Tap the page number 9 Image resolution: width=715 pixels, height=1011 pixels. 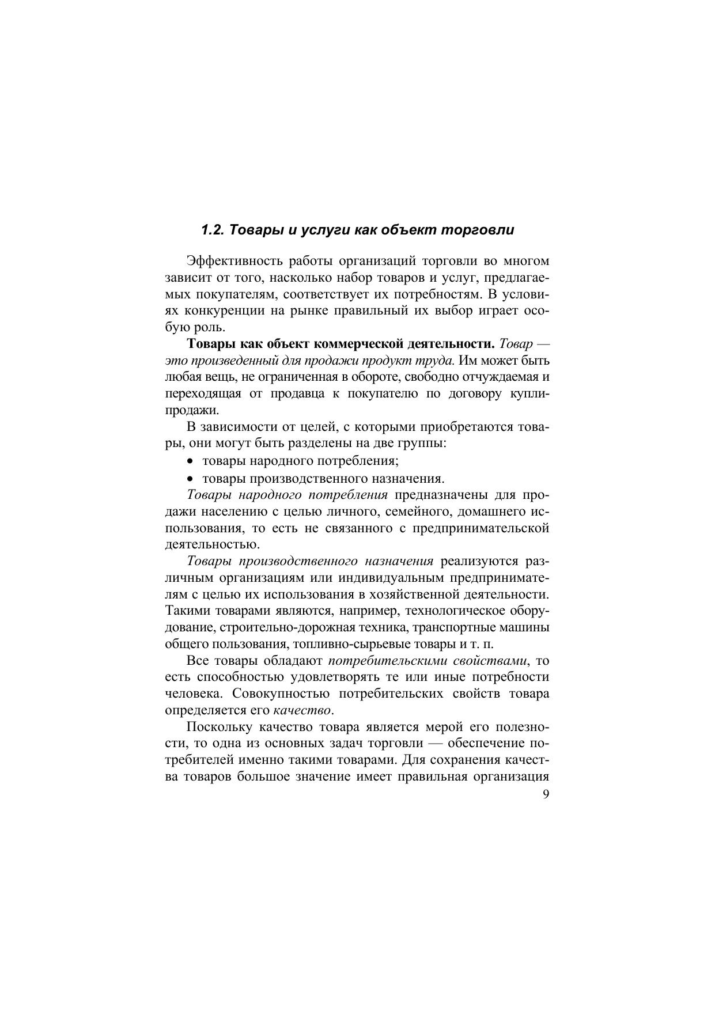pyautogui.click(x=546, y=794)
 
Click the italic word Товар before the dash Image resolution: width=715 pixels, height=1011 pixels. pyautogui.click(x=515, y=344)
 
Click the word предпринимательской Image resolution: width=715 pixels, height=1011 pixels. pyautogui.click(x=481, y=528)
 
